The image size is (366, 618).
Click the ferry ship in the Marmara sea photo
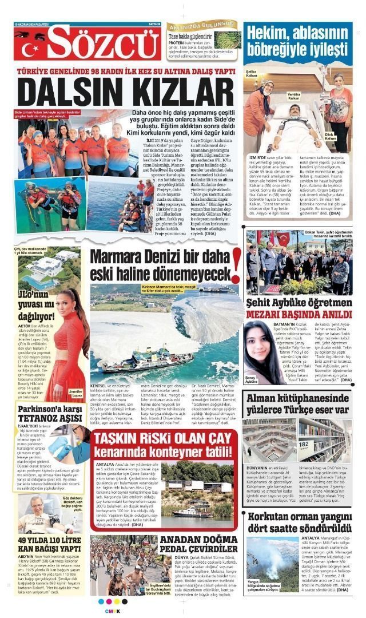146,359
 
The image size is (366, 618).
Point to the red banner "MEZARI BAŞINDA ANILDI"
299,314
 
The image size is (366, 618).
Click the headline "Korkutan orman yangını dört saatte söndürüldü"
299,522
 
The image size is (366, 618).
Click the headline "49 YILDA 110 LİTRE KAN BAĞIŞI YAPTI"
49,544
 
